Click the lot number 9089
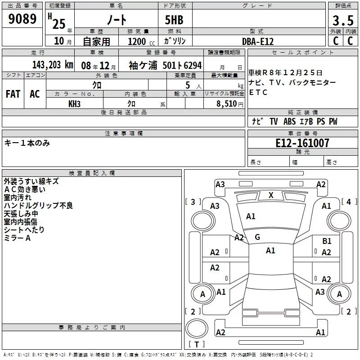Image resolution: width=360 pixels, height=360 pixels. tap(22, 18)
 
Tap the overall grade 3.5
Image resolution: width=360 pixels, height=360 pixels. tap(343, 20)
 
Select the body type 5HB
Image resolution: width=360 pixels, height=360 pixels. tap(174, 20)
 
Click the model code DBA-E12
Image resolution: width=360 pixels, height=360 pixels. tap(258, 41)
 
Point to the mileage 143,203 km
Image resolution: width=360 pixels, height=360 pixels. tap(53, 65)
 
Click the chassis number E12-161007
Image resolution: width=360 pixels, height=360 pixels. tap(302, 143)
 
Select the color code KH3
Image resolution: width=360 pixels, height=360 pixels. tap(74, 104)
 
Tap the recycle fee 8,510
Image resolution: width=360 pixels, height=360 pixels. tap(227, 104)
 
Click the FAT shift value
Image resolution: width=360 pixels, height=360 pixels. tap(13, 94)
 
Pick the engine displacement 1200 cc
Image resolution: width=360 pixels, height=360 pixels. tap(141, 41)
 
